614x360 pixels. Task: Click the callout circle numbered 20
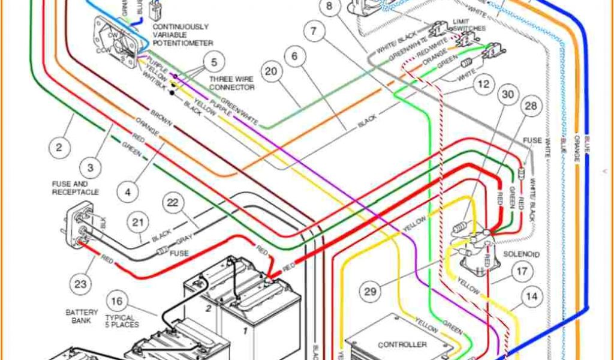[x=272, y=71]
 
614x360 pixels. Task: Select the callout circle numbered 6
[x=294, y=58]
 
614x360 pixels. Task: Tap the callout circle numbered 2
[x=59, y=148]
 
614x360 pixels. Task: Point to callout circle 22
[x=173, y=204]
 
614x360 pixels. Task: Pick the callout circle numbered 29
[x=370, y=292]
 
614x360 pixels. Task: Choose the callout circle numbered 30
[x=508, y=95]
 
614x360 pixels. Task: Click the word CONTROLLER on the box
[x=402, y=344]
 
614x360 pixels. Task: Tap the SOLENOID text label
[x=522, y=254]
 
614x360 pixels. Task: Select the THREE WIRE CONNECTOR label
[x=231, y=83]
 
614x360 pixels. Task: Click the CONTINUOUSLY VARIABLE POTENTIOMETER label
[x=182, y=35]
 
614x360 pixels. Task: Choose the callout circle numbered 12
[x=483, y=85]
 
